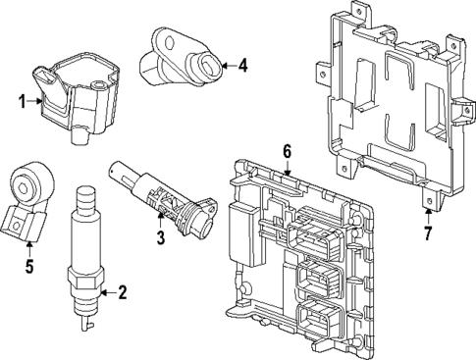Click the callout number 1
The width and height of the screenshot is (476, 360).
point(21,99)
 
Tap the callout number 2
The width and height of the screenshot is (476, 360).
point(122,290)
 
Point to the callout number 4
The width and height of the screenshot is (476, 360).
point(243,66)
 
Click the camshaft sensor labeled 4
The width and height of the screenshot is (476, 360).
point(185,58)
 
